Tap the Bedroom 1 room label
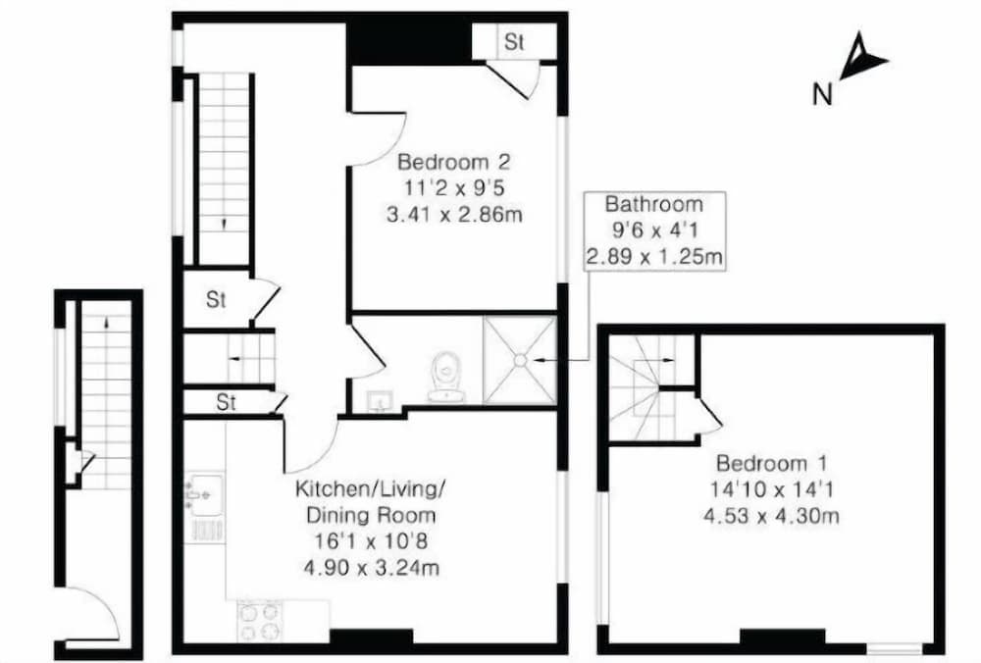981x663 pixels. pos(772,463)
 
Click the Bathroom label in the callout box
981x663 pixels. pos(653,205)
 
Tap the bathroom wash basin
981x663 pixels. pos(380,400)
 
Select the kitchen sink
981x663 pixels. pos(203,489)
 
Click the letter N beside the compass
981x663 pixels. pos(823,95)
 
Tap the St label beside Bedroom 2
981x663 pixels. pos(514,42)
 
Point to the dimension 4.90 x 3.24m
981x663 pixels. pos(371,567)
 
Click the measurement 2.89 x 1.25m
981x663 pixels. pos(653,257)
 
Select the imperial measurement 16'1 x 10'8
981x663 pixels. pos(371,540)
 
